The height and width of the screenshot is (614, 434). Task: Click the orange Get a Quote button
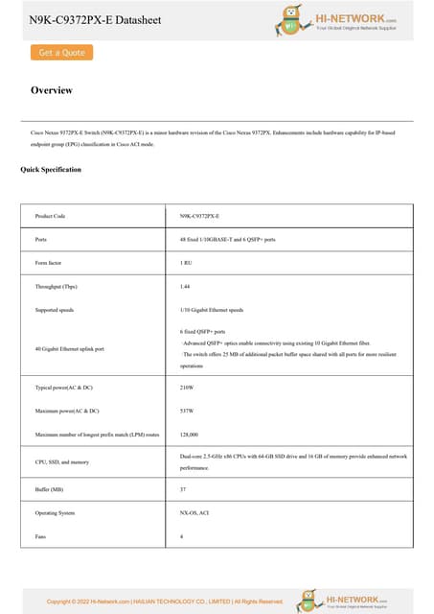coord(61,53)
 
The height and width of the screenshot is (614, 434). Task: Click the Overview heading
coord(52,91)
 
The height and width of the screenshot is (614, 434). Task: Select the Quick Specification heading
coord(51,170)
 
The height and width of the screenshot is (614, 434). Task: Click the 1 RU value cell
coord(185,262)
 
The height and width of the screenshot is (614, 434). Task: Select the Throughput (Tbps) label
coord(56,286)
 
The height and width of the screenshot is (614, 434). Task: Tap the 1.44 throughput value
coord(185,286)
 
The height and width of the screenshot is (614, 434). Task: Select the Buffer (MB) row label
coord(49,489)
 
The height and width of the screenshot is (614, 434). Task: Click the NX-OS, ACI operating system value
coord(194,513)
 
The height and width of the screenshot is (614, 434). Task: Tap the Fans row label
coord(40,536)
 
